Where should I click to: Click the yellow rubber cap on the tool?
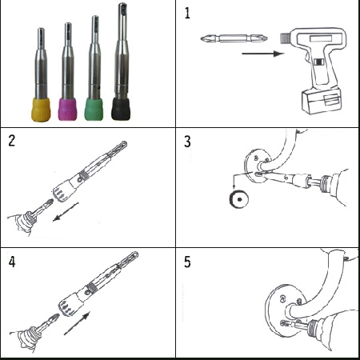point(41,110)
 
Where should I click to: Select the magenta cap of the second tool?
point(67,110)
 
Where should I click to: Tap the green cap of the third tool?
point(94,110)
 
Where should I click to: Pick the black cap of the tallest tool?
point(121,109)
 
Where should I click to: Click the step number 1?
point(187,13)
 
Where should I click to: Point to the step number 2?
point(11,141)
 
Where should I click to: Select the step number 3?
point(187,142)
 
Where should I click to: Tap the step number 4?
point(12,262)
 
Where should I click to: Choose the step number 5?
point(187,262)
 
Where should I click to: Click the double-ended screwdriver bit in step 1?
point(234,38)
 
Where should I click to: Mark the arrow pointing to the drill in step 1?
point(263,54)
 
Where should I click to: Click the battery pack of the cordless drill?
point(322,102)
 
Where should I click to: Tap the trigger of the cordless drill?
point(318,62)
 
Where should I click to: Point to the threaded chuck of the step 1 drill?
point(286,38)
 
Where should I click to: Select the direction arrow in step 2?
point(66,212)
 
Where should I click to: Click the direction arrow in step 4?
point(77,323)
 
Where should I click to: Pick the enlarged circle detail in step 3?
point(239,199)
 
